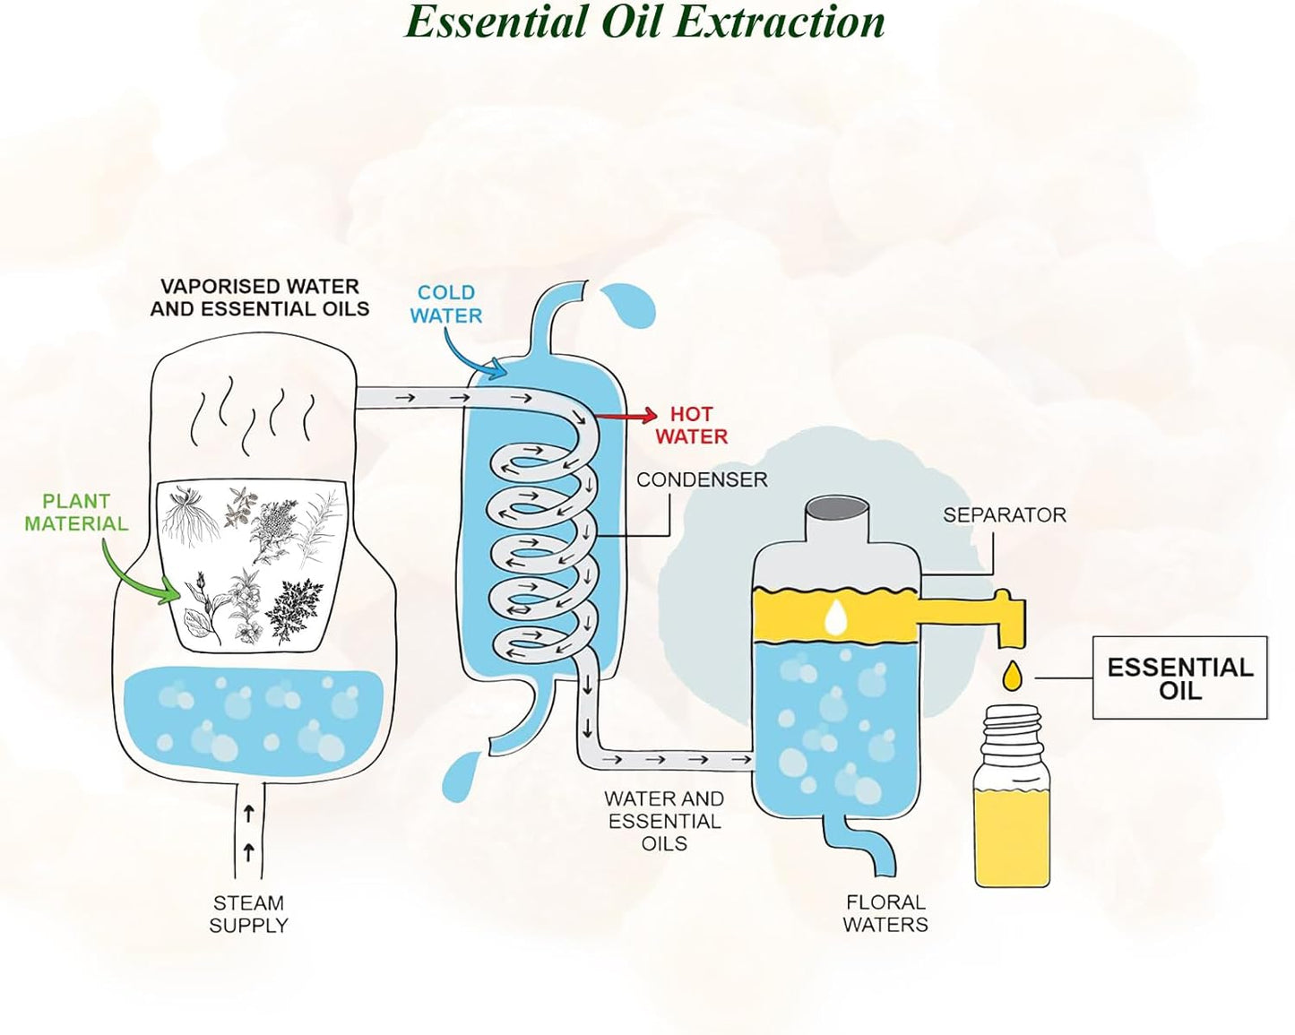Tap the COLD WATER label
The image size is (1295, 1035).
pyautogui.click(x=446, y=305)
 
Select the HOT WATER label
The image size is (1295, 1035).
pyautogui.click(x=692, y=425)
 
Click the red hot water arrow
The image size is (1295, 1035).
pyautogui.click(x=626, y=415)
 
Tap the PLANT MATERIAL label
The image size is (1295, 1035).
pyautogui.click(x=76, y=512)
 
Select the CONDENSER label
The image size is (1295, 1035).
pyautogui.click(x=702, y=479)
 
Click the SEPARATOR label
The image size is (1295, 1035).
pyautogui.click(x=1005, y=515)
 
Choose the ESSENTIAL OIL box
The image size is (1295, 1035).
pyautogui.click(x=1180, y=677)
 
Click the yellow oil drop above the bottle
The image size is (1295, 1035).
pyautogui.click(x=1012, y=675)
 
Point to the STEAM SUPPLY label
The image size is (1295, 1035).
pyautogui.click(x=248, y=914)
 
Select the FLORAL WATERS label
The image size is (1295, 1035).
pyautogui.click(x=885, y=913)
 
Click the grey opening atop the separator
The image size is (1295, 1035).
pyautogui.click(x=838, y=513)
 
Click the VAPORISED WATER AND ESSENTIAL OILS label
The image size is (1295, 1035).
pyautogui.click(x=260, y=298)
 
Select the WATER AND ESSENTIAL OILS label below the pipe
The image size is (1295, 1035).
pyautogui.click(x=664, y=821)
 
